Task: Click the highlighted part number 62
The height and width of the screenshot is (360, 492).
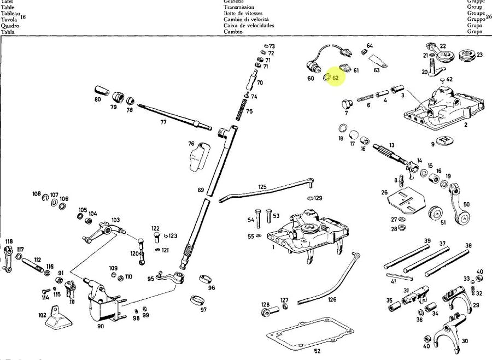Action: [x=336, y=78]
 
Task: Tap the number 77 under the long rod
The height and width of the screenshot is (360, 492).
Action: [x=163, y=122]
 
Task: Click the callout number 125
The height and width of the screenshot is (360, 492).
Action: [x=262, y=187]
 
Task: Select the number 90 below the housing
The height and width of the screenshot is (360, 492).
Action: [x=101, y=326]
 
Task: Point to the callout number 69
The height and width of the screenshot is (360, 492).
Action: [x=201, y=190]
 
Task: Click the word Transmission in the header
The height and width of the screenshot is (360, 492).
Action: [x=239, y=7]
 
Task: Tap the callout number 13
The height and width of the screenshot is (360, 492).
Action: [x=391, y=145]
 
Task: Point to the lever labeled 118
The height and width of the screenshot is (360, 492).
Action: [x=8, y=257]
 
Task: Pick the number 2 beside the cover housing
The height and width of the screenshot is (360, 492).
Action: [x=466, y=125]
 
